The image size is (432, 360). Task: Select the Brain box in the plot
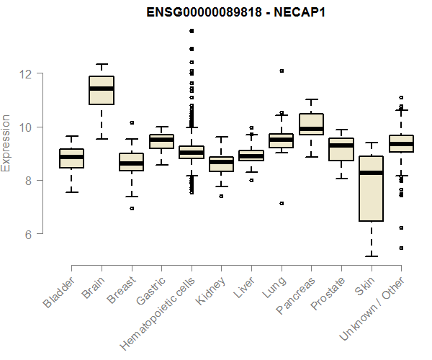[102, 90]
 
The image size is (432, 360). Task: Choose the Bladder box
[71, 158]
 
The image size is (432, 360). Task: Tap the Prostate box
[341, 149]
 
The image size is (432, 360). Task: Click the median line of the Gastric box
[161, 139]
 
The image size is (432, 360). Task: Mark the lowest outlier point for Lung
[282, 204]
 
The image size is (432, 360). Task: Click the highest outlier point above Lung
[282, 71]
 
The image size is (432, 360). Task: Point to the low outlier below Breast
[132, 208]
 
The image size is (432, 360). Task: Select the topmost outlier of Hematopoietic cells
[192, 31]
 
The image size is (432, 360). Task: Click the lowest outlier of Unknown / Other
[401, 248]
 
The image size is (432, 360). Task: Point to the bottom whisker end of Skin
[372, 256]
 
